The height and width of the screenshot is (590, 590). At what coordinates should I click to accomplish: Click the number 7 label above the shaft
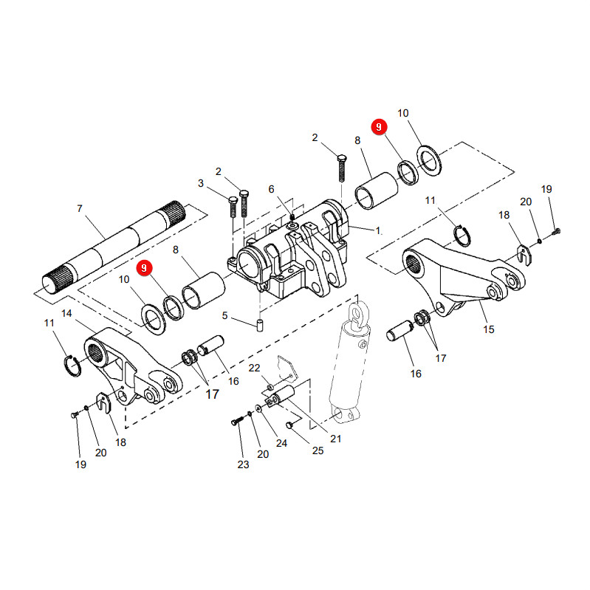click(80, 208)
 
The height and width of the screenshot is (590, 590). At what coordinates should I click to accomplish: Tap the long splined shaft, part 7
click(114, 247)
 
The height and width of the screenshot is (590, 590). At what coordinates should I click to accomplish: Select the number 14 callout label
click(66, 313)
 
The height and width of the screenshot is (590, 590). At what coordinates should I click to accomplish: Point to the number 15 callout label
click(488, 329)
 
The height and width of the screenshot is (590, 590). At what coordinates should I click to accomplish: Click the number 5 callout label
click(224, 315)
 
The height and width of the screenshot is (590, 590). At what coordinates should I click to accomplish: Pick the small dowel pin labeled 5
click(260, 325)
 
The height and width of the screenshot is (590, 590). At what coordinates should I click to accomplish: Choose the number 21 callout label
click(336, 439)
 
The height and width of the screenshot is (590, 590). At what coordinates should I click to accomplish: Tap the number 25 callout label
click(318, 450)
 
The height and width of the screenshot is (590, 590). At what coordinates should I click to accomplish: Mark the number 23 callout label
click(243, 464)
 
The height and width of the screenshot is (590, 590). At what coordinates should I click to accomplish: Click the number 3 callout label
click(201, 183)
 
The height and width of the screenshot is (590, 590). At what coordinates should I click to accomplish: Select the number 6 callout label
click(271, 189)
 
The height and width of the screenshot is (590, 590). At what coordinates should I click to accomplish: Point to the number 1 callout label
click(378, 230)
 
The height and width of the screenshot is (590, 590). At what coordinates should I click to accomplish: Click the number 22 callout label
click(254, 368)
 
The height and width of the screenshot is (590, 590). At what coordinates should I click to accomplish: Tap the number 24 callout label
click(281, 443)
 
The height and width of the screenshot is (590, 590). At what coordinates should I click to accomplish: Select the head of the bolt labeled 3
click(233, 199)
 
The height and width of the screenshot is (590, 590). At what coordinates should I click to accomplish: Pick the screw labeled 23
click(237, 422)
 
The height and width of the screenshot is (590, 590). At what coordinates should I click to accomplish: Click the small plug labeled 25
click(289, 425)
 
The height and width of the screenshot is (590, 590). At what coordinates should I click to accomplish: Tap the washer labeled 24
click(258, 408)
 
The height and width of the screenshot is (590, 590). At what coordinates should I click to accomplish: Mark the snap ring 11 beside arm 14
click(72, 366)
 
